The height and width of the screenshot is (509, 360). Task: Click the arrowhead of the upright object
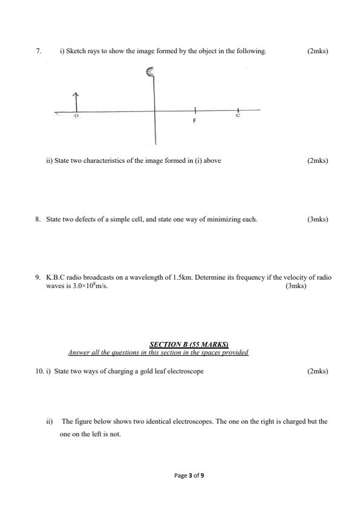click(x=76, y=95)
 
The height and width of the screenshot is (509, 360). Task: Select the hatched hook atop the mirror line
click(x=151, y=73)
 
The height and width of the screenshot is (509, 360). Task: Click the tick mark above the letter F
click(x=194, y=110)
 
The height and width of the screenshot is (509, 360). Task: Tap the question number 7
click(x=38, y=51)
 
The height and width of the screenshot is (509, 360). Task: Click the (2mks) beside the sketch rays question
click(x=318, y=51)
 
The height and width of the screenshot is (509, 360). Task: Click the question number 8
click(x=38, y=219)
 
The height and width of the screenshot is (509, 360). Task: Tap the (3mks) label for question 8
click(x=318, y=219)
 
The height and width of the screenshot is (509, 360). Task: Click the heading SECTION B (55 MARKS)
click(x=180, y=345)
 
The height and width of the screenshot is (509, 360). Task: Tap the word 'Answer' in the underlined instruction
click(x=79, y=353)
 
